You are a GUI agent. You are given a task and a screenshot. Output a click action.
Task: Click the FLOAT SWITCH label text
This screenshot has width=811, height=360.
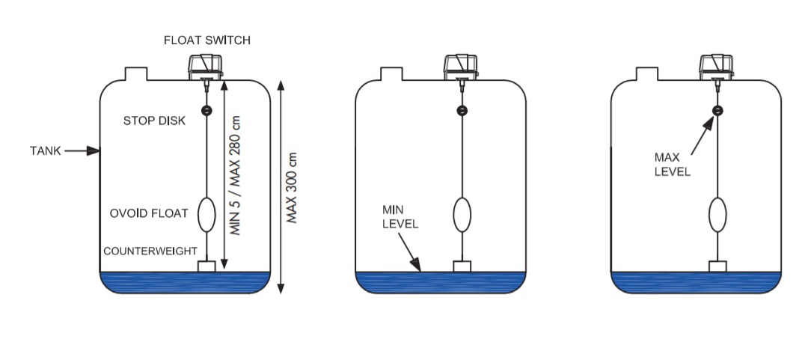pyautogui.click(x=207, y=40)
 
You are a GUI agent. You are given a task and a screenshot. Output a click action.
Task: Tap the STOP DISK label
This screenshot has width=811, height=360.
pyautogui.click(x=154, y=121)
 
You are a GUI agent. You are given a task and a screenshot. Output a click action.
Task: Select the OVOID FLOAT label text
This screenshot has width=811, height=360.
pyautogui.click(x=148, y=213)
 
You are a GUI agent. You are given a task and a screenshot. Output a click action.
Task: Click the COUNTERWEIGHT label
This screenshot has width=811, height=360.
pyautogui.click(x=150, y=251)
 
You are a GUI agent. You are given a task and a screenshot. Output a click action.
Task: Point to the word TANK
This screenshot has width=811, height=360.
pyautogui.click(x=46, y=151)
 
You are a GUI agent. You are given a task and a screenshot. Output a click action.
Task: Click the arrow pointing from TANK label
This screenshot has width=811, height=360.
pyautogui.click(x=82, y=151)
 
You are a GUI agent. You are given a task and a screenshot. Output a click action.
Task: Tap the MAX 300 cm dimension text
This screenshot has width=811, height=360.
pyautogui.click(x=292, y=188)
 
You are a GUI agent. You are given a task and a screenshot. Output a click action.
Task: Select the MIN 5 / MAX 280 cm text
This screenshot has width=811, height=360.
pyautogui.click(x=236, y=175)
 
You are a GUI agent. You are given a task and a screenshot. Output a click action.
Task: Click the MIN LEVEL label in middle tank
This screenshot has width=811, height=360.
pyautogui.click(x=400, y=217)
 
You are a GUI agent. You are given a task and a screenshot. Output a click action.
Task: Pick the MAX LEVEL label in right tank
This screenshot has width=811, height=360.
pyautogui.click(x=673, y=165)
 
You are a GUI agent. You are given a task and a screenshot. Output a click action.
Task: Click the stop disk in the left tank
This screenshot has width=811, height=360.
pyautogui.click(x=206, y=110)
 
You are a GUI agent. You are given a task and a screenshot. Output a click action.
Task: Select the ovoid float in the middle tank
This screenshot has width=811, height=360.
pyautogui.click(x=462, y=215)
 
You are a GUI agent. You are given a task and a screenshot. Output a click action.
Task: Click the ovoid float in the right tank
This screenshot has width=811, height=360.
pyautogui.click(x=717, y=215)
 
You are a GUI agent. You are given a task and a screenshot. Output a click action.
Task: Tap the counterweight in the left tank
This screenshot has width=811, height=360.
pyautogui.click(x=206, y=266)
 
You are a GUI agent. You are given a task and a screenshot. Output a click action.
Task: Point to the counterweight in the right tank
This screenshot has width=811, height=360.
pyautogui.click(x=717, y=266)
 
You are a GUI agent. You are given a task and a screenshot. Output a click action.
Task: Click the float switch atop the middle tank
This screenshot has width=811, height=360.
pyautogui.click(x=461, y=67)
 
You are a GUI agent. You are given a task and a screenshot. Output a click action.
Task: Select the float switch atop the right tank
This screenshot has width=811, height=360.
pyautogui.click(x=716, y=67)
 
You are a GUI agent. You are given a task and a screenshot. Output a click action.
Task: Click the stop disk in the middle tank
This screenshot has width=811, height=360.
pyautogui.click(x=462, y=110)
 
